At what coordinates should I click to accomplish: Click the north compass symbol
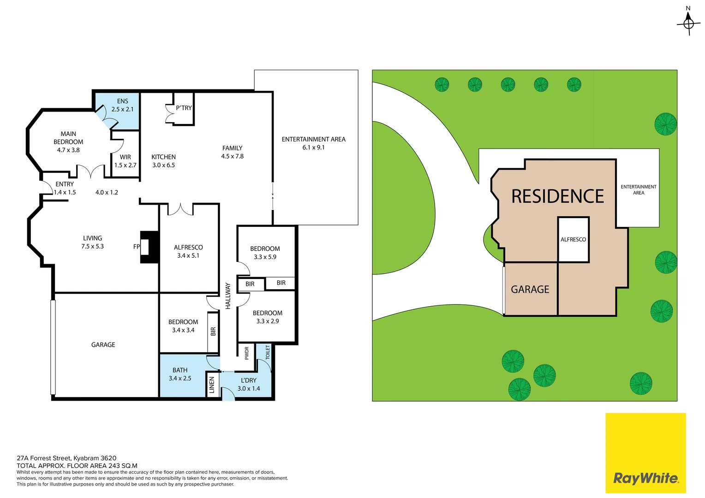(689, 23)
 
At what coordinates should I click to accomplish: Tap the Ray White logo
(645, 453)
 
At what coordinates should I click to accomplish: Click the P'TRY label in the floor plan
(184, 108)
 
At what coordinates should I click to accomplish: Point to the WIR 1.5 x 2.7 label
(125, 161)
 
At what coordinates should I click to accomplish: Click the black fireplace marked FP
(149, 247)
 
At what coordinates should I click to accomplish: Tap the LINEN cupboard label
(212, 385)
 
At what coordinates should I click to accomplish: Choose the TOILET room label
(268, 352)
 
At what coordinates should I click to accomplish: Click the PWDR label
(247, 353)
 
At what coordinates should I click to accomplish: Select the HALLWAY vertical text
(228, 296)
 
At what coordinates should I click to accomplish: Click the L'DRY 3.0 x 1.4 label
(249, 385)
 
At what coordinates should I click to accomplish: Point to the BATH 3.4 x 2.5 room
(183, 375)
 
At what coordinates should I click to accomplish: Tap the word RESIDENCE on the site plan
(557, 196)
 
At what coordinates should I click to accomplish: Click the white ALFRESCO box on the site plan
(573, 239)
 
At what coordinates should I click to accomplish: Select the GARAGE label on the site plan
(530, 290)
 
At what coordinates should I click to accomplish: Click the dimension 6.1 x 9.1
(313, 148)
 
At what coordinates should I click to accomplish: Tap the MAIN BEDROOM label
(68, 138)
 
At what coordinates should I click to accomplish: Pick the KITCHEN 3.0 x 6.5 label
(163, 161)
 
